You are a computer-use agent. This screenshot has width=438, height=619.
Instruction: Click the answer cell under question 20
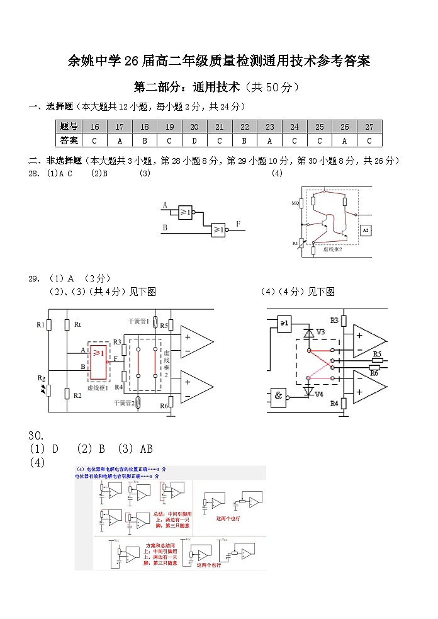tap(194, 140)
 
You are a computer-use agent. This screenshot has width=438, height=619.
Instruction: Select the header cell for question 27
tap(369, 127)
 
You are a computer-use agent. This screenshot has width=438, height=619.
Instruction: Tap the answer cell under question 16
tap(94, 140)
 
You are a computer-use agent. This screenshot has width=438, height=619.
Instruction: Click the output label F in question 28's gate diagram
tap(238, 224)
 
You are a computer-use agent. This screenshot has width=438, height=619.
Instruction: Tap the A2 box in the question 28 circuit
tap(366, 231)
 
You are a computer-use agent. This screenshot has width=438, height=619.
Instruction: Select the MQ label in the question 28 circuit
tap(295, 203)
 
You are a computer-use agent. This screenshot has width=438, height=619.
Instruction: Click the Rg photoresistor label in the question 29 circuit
tap(42, 378)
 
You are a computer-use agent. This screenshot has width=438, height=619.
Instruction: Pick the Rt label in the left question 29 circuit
tap(77, 325)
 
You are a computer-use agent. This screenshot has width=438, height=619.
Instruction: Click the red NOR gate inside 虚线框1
tap(98, 362)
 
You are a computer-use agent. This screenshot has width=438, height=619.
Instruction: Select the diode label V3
tap(320, 331)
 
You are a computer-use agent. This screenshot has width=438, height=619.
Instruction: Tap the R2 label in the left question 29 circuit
tap(77, 395)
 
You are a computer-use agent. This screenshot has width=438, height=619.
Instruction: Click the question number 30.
tap(36, 436)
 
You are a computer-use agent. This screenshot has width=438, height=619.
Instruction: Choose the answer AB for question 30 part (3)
tap(145, 449)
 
